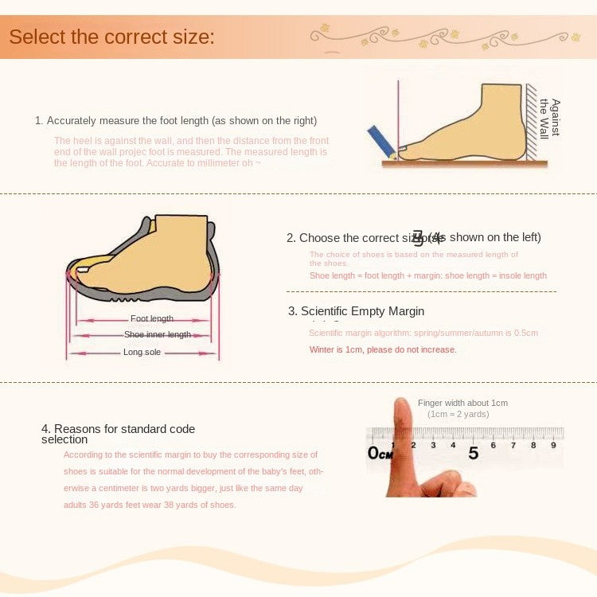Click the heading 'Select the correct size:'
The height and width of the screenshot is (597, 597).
111,37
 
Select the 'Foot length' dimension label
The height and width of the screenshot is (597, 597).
152,319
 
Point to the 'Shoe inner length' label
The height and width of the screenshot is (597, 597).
158,335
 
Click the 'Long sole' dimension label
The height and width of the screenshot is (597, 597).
142,352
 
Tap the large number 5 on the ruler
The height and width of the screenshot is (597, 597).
474,453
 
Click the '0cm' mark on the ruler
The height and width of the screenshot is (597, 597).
380,453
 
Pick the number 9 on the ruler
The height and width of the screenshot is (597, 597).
553,445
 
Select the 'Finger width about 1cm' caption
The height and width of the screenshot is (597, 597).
462,403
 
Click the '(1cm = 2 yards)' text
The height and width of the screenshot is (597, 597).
458,414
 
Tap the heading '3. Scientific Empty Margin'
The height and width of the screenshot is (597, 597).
356,311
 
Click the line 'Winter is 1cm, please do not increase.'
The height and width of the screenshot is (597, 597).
383,349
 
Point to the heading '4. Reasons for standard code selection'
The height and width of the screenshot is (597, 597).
118,434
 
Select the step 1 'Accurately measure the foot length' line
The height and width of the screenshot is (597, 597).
176,121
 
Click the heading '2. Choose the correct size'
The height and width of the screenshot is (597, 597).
413,237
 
